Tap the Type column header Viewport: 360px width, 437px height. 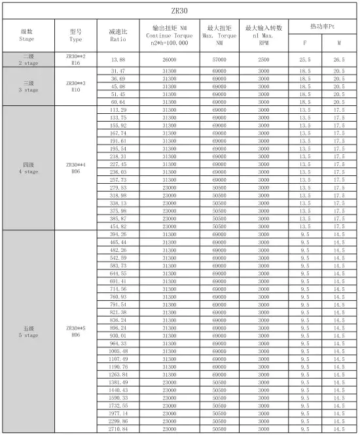(75, 35)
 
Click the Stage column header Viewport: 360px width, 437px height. (27, 35)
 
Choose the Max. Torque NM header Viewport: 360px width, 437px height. (219, 35)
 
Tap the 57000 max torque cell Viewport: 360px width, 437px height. (219, 60)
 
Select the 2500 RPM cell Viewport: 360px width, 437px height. (263, 60)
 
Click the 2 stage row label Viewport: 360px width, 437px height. (27, 60)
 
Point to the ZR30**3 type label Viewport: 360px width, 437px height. (75, 86)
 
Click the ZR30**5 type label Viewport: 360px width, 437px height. (75, 330)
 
